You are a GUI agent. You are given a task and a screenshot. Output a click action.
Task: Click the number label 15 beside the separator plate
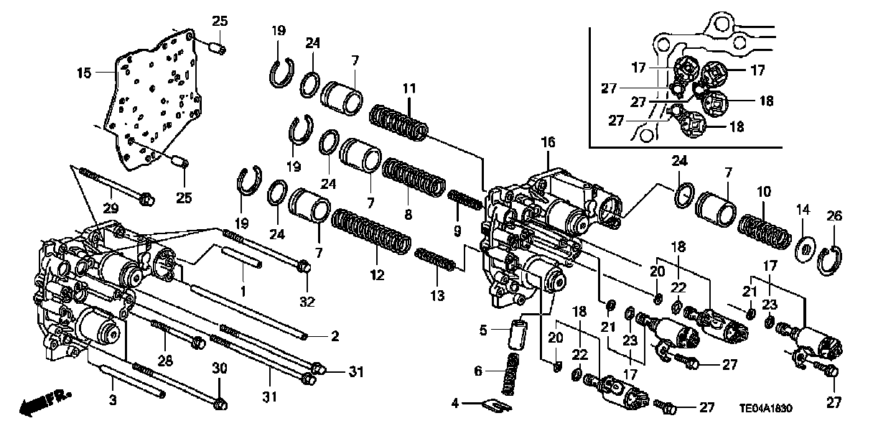click(x=84, y=73)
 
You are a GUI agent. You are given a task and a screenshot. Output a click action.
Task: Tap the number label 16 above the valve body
click(x=548, y=144)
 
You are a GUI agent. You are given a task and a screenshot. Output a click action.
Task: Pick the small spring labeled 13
click(x=436, y=259)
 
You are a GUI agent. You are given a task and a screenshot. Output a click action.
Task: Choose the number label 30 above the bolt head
click(x=220, y=369)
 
